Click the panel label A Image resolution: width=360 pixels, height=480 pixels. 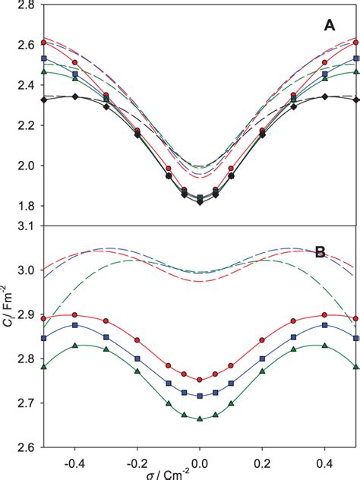click(x=330, y=25)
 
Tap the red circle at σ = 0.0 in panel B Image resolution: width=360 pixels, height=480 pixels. click(x=200, y=380)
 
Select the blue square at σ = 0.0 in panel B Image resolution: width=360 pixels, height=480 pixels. click(x=200, y=396)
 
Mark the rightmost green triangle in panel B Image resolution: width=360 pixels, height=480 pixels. click(x=356, y=366)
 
